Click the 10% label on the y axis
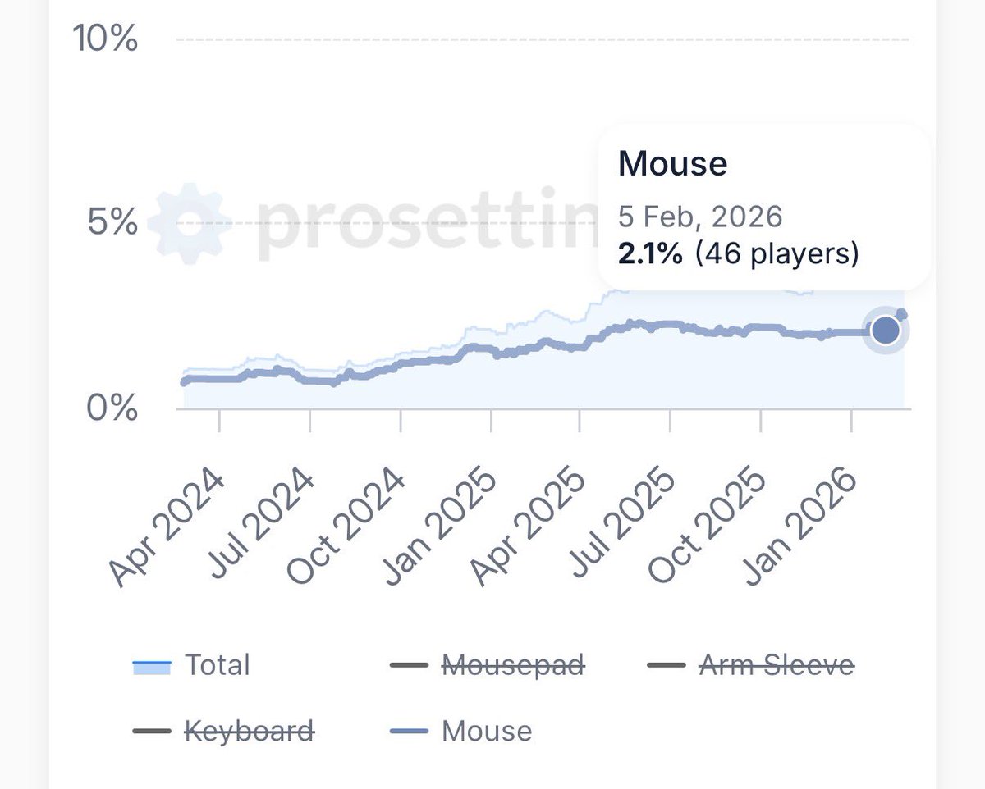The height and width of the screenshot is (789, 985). pyautogui.click(x=106, y=39)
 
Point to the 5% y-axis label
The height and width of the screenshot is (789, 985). pyautogui.click(x=112, y=222)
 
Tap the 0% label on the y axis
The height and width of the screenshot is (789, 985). pyautogui.click(x=112, y=408)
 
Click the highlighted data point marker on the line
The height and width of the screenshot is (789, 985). pyautogui.click(x=886, y=331)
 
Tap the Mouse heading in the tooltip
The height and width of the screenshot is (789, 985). pyautogui.click(x=672, y=164)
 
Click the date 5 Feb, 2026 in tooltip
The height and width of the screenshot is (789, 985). pyautogui.click(x=699, y=217)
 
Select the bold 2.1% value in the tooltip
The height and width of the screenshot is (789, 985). pyautogui.click(x=650, y=254)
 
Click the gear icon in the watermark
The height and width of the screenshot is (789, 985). pyautogui.click(x=189, y=224)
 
